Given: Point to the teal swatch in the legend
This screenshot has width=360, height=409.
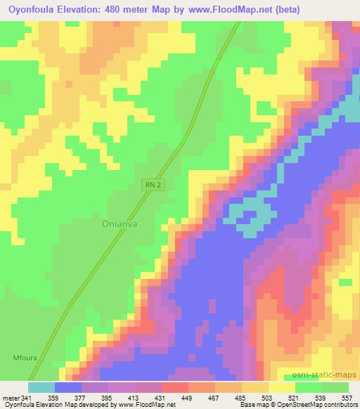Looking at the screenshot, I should pos(41,387).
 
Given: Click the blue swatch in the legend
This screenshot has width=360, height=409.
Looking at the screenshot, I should pos(68,387).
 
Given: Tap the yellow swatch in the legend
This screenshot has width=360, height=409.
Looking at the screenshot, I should pos(281,387).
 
